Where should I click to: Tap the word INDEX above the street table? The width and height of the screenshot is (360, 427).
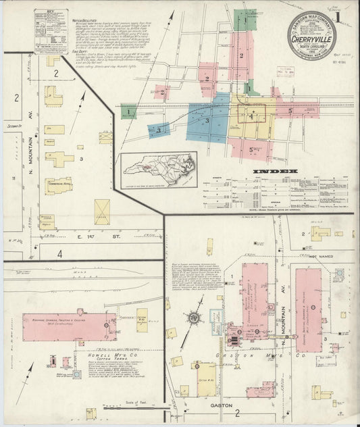(275, 172)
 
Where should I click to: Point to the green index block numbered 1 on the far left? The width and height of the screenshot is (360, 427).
(129, 111)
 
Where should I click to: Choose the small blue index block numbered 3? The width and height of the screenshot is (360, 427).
(158, 129)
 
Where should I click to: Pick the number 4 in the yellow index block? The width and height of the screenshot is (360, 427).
(251, 116)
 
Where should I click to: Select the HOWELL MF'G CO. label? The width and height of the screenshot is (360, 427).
(113, 353)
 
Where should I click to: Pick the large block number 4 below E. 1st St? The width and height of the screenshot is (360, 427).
(59, 254)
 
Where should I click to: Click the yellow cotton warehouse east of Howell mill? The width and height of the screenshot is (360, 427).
(142, 320)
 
